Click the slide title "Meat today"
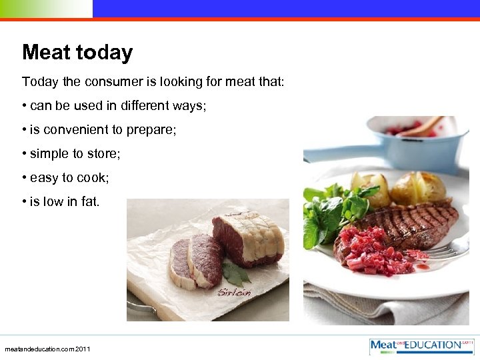coord(77,53)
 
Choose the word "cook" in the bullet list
coord(91,178)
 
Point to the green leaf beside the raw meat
coord(234,272)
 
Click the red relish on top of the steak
coord(377,250)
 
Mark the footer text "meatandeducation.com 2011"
coord(47,349)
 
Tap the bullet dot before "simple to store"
coord(24,154)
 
